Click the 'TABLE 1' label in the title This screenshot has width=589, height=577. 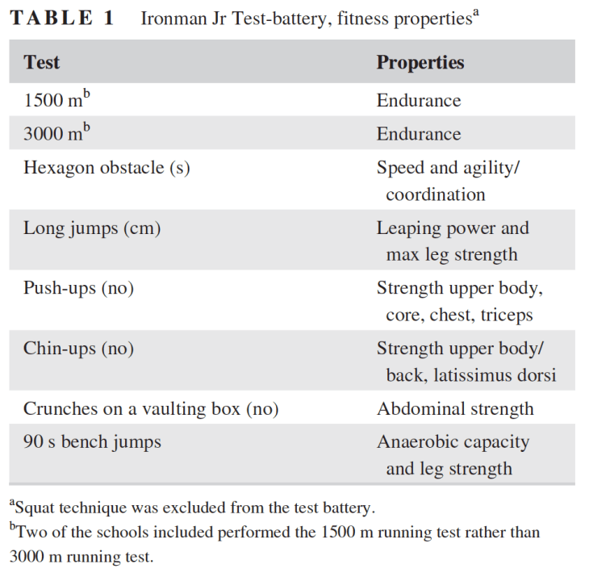[x=62, y=19]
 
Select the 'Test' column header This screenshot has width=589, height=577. [x=41, y=62]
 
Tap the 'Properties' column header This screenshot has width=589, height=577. [x=420, y=62]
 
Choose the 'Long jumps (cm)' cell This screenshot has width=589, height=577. [x=92, y=228]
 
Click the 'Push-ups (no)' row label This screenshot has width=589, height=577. [x=78, y=288]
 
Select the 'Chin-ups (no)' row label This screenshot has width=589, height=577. [x=78, y=349]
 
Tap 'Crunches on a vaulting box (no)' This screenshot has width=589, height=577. [x=151, y=409]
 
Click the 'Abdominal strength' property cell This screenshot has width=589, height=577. [x=455, y=409]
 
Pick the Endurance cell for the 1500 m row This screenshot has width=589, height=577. [x=419, y=101]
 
